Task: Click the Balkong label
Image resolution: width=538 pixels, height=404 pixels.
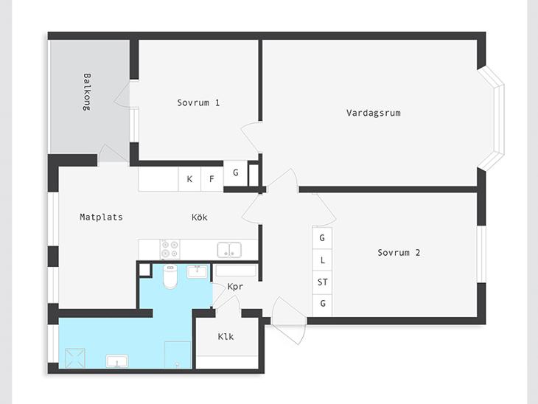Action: pos(87,91)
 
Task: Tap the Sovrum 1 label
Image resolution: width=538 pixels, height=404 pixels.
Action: pos(198,102)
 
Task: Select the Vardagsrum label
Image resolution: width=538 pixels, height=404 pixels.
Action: pos(374,113)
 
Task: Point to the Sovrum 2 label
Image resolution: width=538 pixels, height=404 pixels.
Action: pos(399,253)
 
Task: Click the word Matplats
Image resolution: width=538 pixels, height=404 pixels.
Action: pos(101,217)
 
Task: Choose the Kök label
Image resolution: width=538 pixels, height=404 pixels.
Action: pos(199,217)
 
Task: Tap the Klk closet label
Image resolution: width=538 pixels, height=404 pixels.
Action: pos(226,336)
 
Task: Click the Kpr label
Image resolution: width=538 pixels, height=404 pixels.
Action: pos(235,286)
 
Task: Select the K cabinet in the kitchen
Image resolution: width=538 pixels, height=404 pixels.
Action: pos(189,179)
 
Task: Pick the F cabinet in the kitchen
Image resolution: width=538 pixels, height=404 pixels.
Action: pos(212,179)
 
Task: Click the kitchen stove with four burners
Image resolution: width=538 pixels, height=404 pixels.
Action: pos(170,249)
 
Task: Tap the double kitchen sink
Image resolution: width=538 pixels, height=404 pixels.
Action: pos(229,249)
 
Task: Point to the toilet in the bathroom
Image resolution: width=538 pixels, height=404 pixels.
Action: pos(170,276)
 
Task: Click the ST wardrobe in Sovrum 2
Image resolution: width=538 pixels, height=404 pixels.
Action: pos(322,282)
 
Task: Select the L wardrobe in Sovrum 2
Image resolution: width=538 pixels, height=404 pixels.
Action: pos(322,260)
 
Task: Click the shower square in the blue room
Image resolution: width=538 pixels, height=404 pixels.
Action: pos(74,358)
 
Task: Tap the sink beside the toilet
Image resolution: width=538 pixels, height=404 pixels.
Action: pos(198,272)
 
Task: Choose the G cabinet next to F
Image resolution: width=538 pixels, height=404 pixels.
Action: pos(236,173)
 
